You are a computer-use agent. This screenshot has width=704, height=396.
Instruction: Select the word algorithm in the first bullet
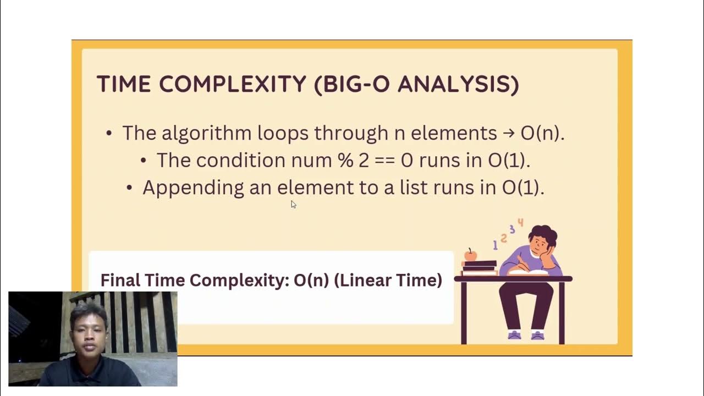pyautogui.click(x=207, y=133)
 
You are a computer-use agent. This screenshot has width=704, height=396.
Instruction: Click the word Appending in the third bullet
pyautogui.click(x=193, y=188)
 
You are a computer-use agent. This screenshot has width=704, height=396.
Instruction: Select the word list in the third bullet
pyautogui.click(x=414, y=188)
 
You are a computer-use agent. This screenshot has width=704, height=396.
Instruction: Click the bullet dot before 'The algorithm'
pyautogui.click(x=109, y=133)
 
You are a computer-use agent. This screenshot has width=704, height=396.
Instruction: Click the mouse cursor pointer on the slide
pyautogui.click(x=293, y=204)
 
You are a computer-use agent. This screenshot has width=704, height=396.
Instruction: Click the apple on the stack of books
pyautogui.click(x=470, y=255)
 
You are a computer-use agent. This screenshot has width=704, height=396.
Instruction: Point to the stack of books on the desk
pyautogui.click(x=480, y=268)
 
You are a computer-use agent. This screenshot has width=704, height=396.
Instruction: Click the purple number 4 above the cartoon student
pyautogui.click(x=520, y=223)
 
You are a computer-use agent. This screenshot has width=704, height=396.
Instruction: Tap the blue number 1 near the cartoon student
pyautogui.click(x=495, y=245)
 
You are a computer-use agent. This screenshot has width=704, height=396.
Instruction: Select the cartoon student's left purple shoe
pyautogui.click(x=514, y=334)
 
